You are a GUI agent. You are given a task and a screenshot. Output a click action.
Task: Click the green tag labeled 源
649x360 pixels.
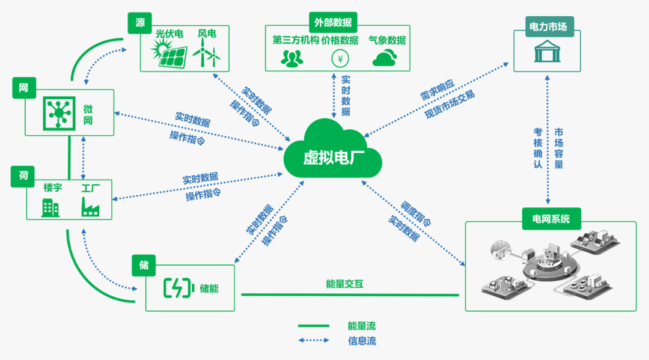[140, 23]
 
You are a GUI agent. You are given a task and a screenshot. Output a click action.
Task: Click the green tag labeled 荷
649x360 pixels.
[23, 176]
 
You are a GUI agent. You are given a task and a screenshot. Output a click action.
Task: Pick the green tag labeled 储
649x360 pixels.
[144, 265]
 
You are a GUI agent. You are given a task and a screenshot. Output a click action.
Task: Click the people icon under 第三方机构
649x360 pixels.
[292, 58]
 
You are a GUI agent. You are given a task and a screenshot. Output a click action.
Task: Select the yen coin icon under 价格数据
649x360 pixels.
[340, 58]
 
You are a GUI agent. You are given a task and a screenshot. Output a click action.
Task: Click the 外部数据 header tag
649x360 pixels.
[332, 23]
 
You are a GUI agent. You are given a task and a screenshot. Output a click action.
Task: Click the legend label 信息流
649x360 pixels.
[361, 341]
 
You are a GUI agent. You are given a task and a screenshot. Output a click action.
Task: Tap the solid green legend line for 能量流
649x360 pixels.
[314, 326]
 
